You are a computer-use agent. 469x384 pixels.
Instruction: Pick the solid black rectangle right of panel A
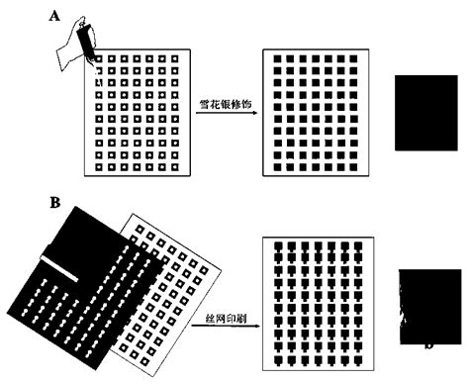(x=427, y=112)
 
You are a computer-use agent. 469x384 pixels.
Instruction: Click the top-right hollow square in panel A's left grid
(x=173, y=60)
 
